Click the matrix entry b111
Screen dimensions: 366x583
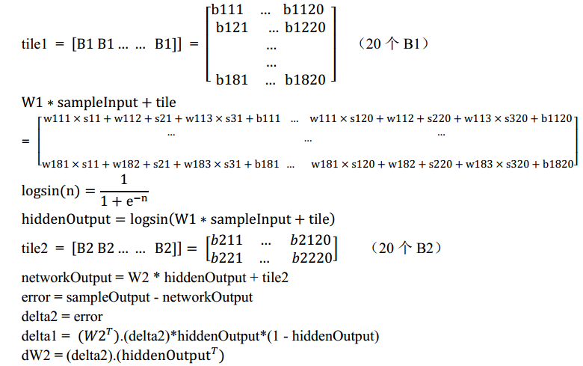click(x=227, y=10)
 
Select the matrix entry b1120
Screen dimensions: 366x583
click(x=304, y=10)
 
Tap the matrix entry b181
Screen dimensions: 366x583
click(x=232, y=79)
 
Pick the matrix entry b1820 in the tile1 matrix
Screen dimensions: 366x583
click(x=305, y=79)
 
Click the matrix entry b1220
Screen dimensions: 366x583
click(x=305, y=28)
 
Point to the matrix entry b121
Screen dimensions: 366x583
click(x=232, y=28)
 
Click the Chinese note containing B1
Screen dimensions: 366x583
click(x=395, y=43)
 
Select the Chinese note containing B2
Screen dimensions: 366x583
click(x=406, y=247)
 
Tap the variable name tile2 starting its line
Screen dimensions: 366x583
click(x=35, y=248)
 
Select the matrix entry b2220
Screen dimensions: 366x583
click(x=311, y=257)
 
